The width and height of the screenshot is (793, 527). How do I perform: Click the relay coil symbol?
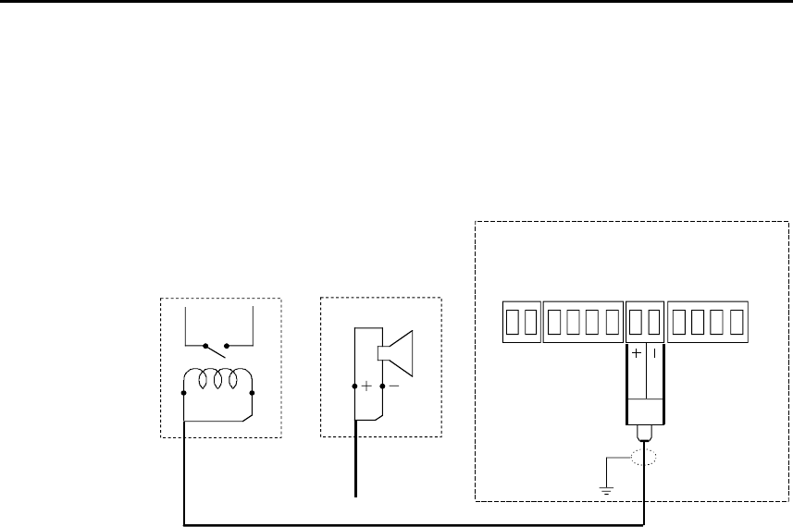pos(217,381)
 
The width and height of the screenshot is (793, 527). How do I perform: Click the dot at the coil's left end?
pos(184,392)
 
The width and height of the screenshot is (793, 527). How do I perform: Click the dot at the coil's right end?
pos(252,392)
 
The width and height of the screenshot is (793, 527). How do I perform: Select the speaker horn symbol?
pos(395,351)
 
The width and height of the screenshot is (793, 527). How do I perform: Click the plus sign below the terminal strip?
pos(637,353)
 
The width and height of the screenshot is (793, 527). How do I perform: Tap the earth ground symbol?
pos(606,487)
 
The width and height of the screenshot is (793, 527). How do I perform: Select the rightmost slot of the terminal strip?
pos(736,321)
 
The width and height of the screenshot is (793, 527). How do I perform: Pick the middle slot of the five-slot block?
pos(584,321)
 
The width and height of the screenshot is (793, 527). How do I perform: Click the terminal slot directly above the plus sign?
pos(635,321)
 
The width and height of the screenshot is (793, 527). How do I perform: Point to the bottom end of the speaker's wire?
pos(355,496)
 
